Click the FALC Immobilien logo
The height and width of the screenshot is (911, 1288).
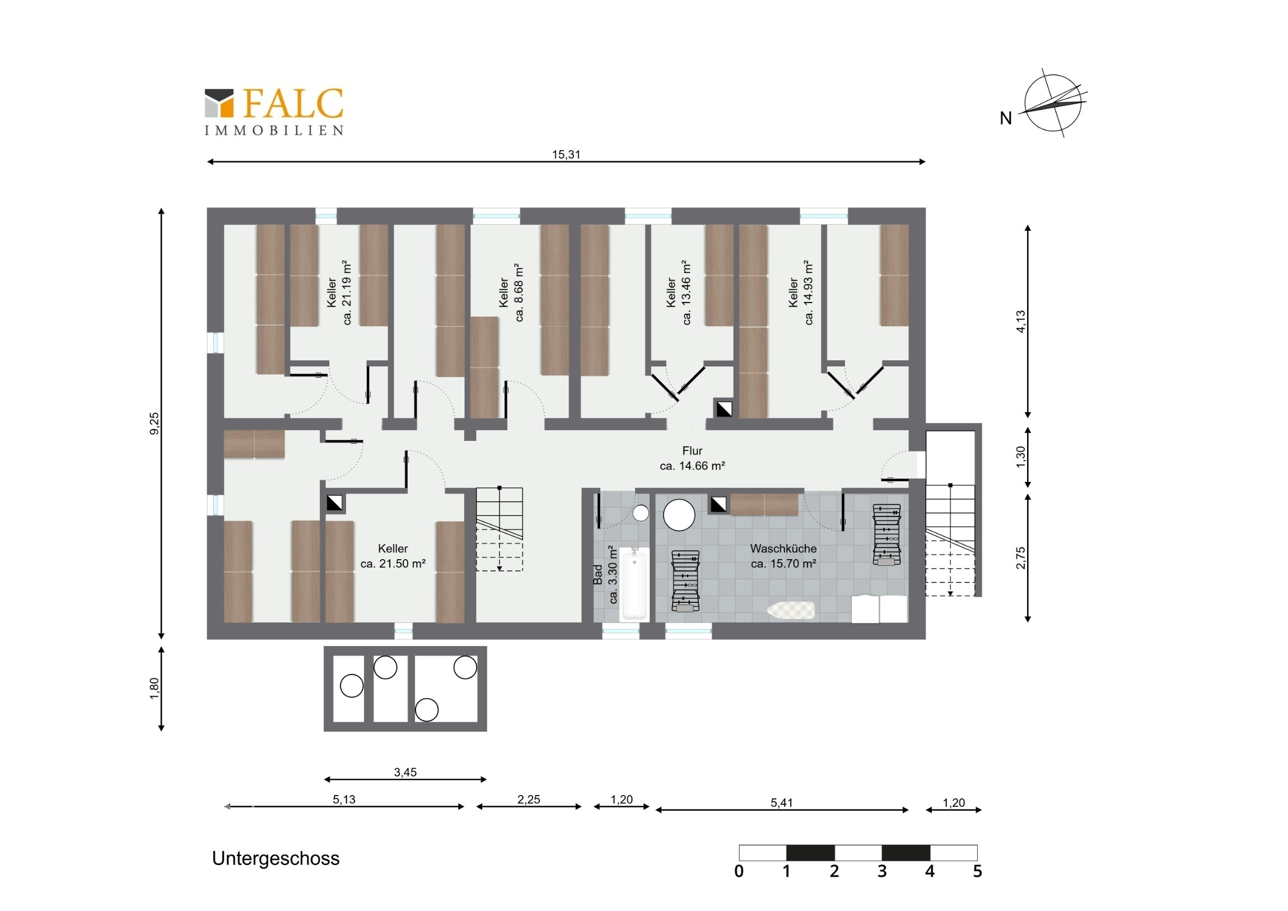274,111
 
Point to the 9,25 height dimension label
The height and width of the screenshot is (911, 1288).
154,423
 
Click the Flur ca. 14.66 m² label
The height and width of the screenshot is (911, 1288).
692,458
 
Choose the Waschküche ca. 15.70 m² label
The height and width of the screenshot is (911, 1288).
783,556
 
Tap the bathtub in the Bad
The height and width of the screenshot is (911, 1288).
634,583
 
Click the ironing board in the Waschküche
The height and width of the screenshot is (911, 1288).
791,610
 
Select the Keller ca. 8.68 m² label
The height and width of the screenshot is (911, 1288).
511,292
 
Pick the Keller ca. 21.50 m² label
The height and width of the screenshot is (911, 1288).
393,556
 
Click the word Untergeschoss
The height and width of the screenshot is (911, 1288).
276,858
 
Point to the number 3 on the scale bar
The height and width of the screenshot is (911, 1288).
882,871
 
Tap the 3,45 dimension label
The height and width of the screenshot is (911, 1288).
405,772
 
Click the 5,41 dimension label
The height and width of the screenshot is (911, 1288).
781,803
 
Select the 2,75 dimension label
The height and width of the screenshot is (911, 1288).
1020,557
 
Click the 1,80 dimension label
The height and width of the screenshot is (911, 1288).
154,689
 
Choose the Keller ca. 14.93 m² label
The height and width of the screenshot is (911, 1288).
800,292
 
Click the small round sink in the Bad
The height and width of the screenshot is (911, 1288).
641,513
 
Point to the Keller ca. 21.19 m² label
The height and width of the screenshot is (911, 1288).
339,292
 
